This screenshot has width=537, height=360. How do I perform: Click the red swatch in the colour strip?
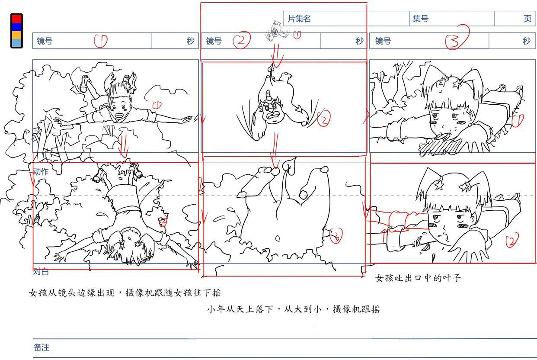click(x=16, y=19)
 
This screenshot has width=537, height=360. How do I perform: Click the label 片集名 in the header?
click(x=299, y=19)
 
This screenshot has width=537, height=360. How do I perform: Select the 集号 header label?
click(x=420, y=19)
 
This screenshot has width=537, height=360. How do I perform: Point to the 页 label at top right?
click(x=527, y=19)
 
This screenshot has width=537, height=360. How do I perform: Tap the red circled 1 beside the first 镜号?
click(x=100, y=41)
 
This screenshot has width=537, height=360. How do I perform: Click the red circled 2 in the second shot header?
click(x=241, y=41)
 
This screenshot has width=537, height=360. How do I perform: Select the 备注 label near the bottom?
click(x=42, y=347)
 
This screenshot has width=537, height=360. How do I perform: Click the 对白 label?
click(x=41, y=272)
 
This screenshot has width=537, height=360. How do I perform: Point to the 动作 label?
click(x=41, y=171)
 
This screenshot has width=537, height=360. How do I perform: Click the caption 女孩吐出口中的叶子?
click(x=418, y=278)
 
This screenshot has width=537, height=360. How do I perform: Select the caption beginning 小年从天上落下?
click(x=293, y=309)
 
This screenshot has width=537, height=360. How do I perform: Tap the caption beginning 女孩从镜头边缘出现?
click(x=125, y=293)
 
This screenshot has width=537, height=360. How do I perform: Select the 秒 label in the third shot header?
click(x=526, y=41)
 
